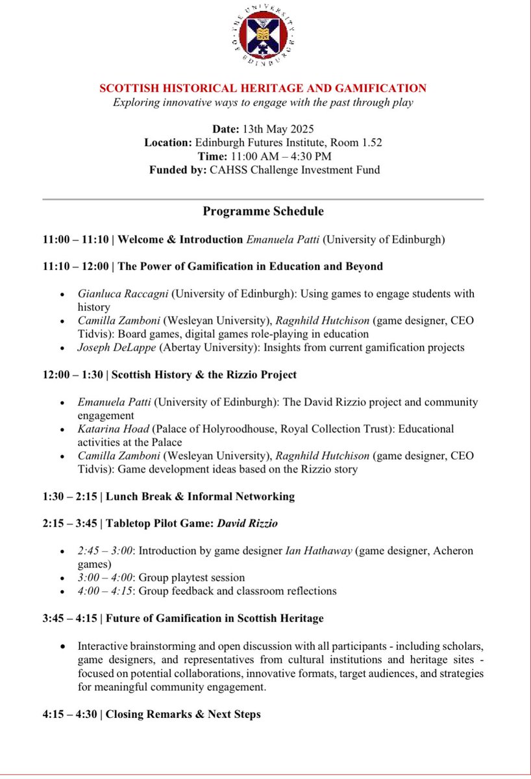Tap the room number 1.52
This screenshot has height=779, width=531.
point(368,142)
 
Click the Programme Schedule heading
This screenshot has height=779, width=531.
point(263,211)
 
